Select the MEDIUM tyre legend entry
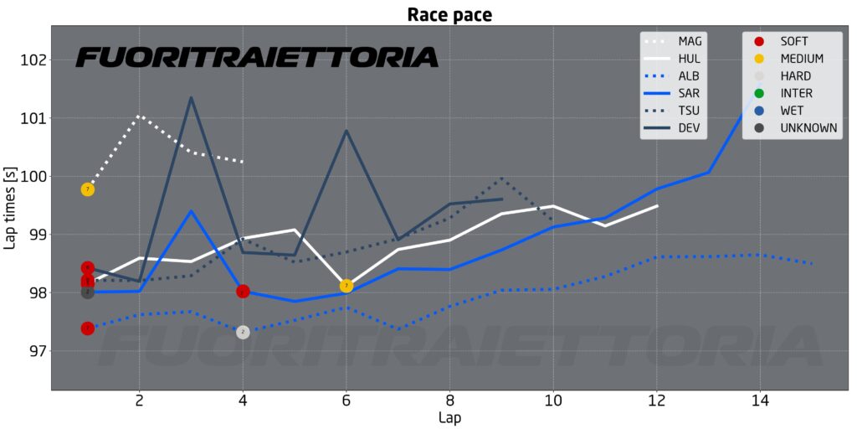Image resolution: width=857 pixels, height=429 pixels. pos(801,59)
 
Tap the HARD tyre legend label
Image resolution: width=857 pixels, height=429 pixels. pos(795,76)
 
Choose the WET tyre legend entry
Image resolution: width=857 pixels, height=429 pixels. pos(792,111)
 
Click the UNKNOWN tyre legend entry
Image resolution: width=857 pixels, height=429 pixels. pos(807,128)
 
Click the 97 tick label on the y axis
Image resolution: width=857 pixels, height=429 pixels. pos(37,351)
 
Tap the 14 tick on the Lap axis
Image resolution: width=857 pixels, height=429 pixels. pos(759,401)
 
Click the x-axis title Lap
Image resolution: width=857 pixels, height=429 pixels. pos(449,417)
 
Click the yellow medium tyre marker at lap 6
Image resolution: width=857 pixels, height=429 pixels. pos(346,286)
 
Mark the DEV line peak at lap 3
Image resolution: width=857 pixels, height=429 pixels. pos(192,98)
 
